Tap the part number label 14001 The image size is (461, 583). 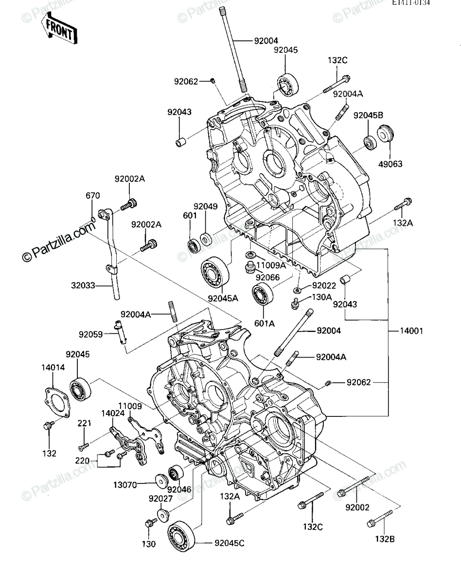pyautogui.click(x=411, y=331)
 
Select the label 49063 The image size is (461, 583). pyautogui.click(x=390, y=164)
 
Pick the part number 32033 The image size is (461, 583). pyautogui.click(x=83, y=286)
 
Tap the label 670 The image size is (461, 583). pyautogui.click(x=93, y=196)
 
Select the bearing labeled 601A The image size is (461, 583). pyautogui.click(x=263, y=294)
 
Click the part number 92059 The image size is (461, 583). pyautogui.click(x=91, y=335)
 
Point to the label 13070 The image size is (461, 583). pyautogui.click(x=125, y=485)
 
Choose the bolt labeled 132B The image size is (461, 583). pyautogui.click(x=380, y=518)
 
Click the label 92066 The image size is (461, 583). pyautogui.click(x=267, y=277)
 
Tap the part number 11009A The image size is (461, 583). pyautogui.click(x=271, y=265)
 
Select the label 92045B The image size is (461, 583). pyautogui.click(x=368, y=116)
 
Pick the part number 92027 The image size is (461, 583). pyautogui.click(x=160, y=498)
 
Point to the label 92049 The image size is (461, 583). pyautogui.click(x=206, y=206)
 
